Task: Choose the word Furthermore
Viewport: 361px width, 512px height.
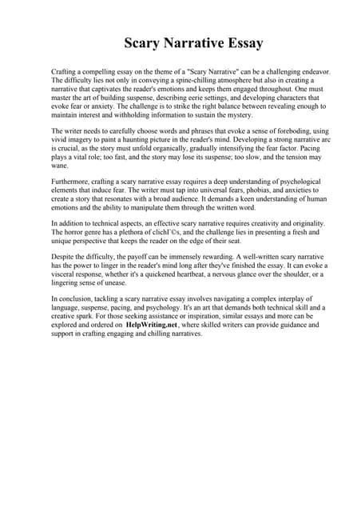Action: click(72, 182)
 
